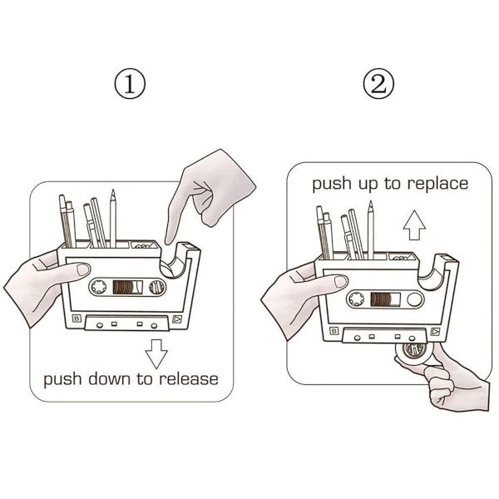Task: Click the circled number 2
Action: tap(378, 84)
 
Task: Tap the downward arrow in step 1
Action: tap(156, 355)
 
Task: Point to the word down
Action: tap(104, 379)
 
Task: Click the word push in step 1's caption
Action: tap(62, 379)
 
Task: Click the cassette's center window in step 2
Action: tap(385, 297)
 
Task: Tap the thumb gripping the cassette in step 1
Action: tap(77, 269)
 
